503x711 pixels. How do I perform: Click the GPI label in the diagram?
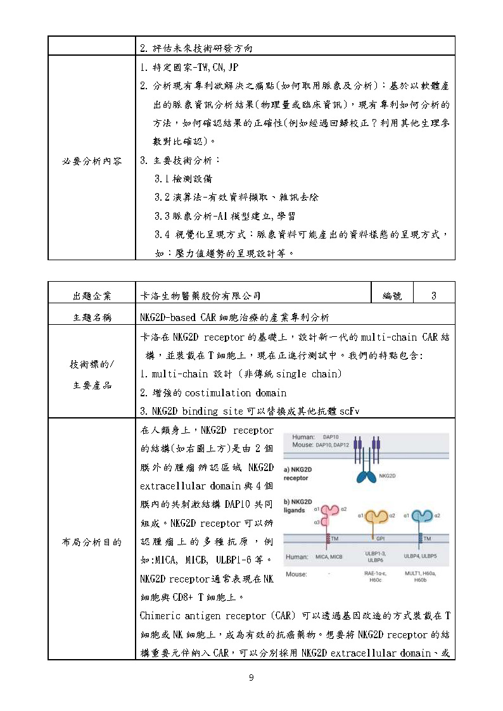coord(381,539)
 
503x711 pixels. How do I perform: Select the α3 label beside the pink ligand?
coord(317,522)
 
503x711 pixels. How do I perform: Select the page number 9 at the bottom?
coord(251,678)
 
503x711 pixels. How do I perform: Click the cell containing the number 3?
coord(433,296)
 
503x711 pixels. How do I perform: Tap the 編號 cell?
coord(392,296)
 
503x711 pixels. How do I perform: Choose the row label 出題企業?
coord(91,296)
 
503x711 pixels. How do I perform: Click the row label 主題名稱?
coord(91,317)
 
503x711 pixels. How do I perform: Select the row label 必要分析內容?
coord(91,160)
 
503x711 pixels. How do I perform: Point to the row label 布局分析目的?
coord(91,542)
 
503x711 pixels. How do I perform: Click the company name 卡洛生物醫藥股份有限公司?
coord(200,296)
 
